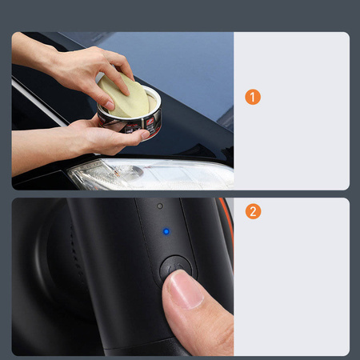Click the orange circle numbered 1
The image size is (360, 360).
pyautogui.click(x=253, y=97)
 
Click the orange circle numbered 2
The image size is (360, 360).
pyautogui.click(x=253, y=212)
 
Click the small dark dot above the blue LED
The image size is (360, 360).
pyautogui.click(x=160, y=206)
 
